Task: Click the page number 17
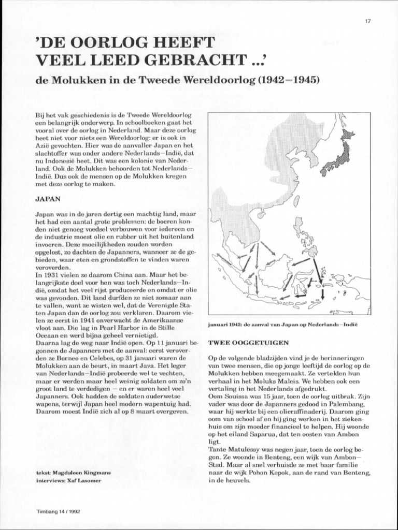[367, 21]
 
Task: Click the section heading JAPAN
[48, 198]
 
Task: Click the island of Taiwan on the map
[296, 201]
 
